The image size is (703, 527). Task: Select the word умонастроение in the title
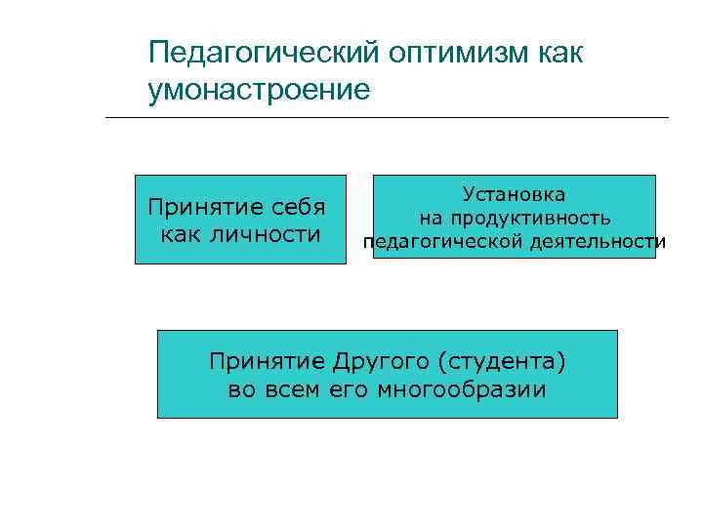pyautogui.click(x=260, y=91)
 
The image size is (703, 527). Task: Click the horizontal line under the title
pyautogui.click(x=387, y=118)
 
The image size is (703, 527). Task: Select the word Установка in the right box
pyautogui.click(x=514, y=195)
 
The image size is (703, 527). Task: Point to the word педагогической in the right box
pyautogui.click(x=439, y=242)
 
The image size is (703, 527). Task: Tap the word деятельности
pyautogui.click(x=595, y=242)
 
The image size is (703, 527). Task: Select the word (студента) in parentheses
pyautogui.click(x=502, y=361)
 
